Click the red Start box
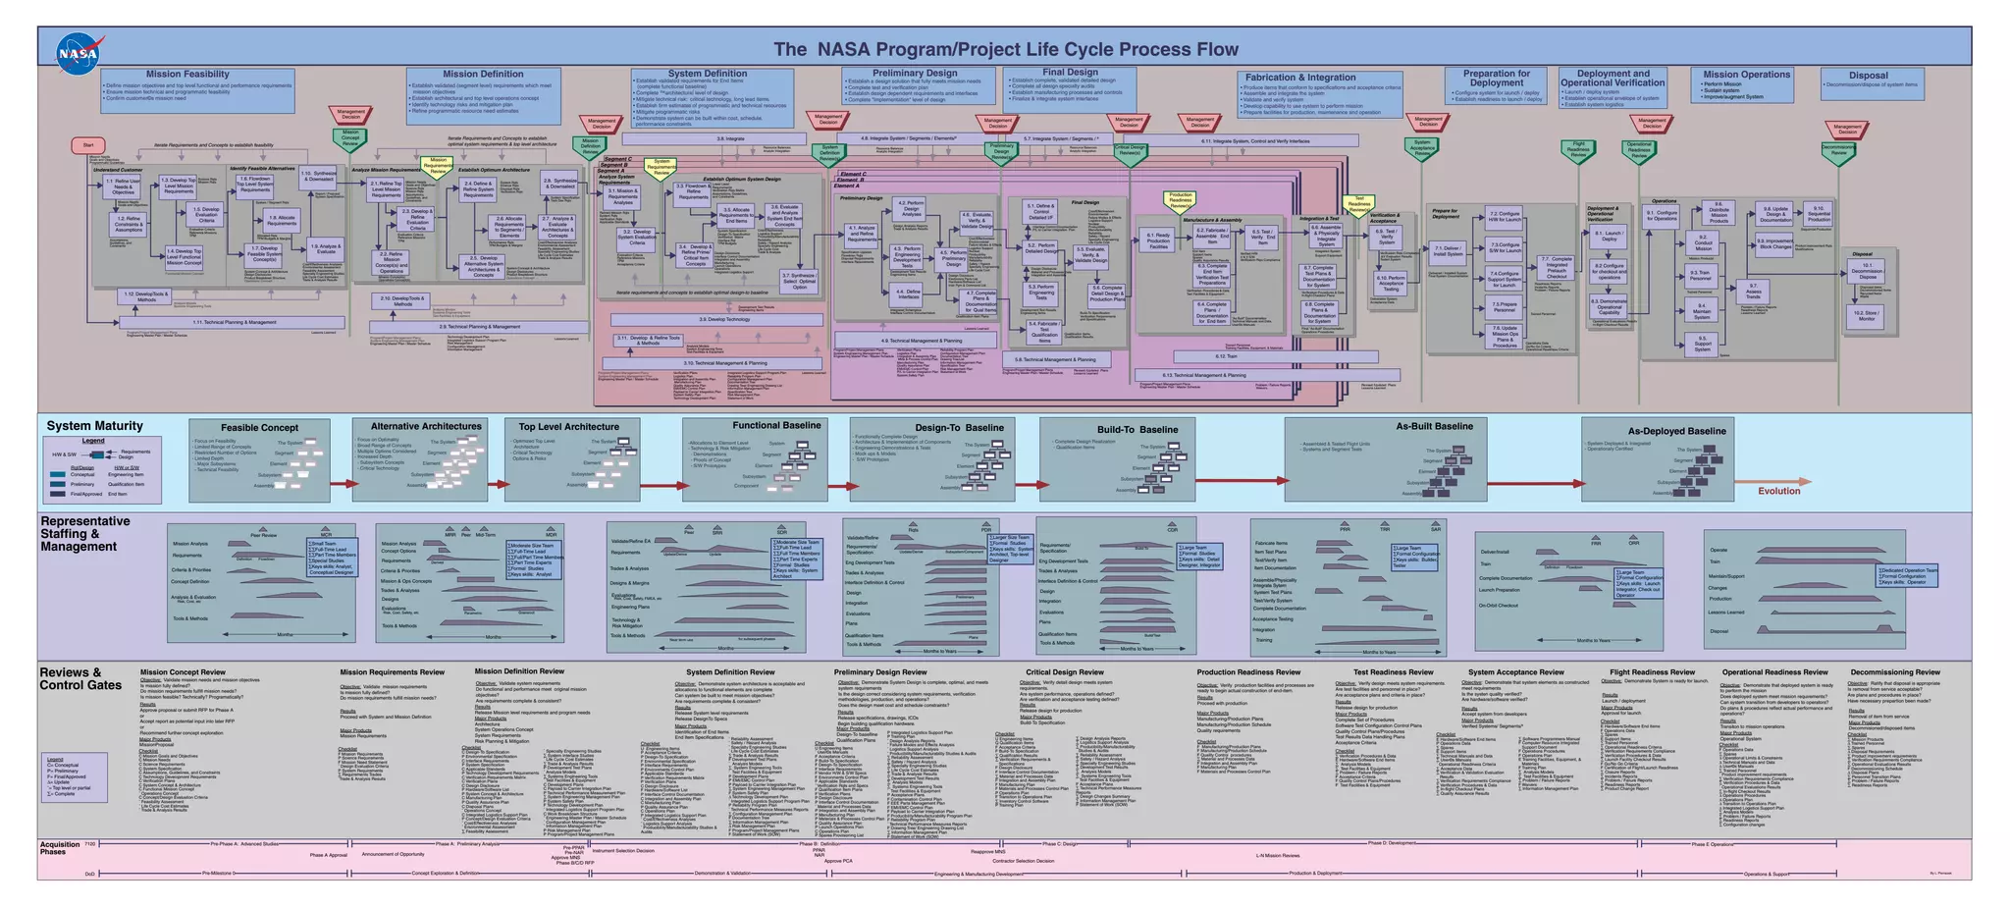[87, 145]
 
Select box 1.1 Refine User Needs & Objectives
[124, 187]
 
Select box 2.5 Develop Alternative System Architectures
[483, 266]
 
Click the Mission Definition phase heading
[482, 74]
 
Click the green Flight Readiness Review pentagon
[1578, 150]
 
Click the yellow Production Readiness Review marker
[1180, 199]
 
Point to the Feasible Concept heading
[259, 428]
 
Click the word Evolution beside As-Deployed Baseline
[1778, 491]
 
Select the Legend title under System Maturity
[92, 441]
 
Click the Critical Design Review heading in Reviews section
[1064, 672]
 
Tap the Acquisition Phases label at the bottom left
[60, 847]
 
